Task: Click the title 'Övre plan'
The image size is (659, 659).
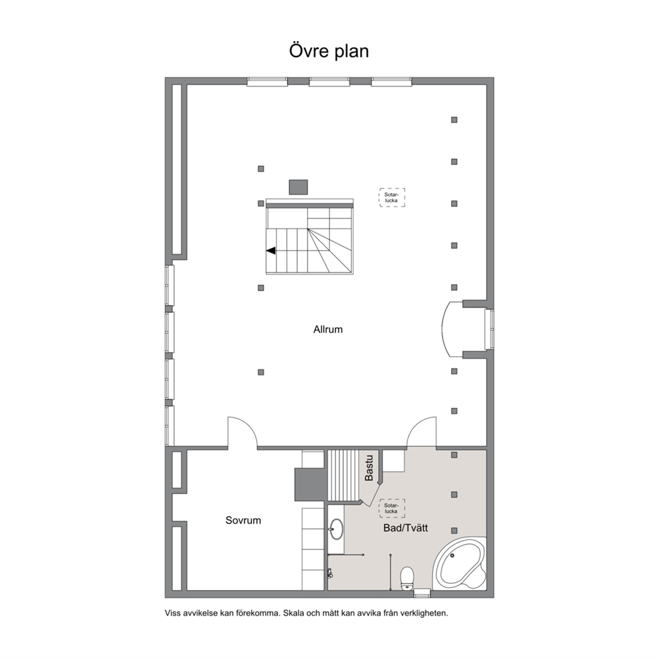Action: (x=329, y=51)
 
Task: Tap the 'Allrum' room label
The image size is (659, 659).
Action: (x=328, y=329)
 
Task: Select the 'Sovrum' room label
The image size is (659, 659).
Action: (x=243, y=520)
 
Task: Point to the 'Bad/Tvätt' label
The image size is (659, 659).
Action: (x=405, y=528)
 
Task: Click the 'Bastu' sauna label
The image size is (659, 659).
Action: (x=369, y=468)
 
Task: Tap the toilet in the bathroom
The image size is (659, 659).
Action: (x=407, y=579)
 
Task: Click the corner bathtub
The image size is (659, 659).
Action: (x=460, y=564)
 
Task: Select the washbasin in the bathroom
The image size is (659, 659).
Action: (x=336, y=528)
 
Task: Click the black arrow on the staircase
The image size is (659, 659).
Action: (x=270, y=250)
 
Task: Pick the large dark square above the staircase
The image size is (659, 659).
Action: (x=298, y=187)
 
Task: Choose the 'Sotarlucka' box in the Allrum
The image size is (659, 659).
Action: (x=392, y=197)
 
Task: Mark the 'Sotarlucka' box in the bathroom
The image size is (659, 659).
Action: (x=392, y=509)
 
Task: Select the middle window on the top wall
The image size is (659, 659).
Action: (x=329, y=82)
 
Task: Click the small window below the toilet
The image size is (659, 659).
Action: (x=422, y=593)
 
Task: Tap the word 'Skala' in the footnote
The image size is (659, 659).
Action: (x=292, y=613)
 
